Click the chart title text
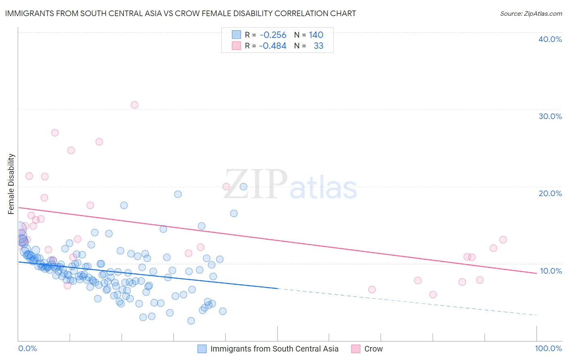pos(180,13)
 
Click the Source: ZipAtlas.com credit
pos(531,13)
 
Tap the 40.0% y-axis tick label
pos(550,39)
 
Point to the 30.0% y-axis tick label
pos(550,116)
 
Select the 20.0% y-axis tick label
pos(550,193)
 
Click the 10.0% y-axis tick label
pos(550,271)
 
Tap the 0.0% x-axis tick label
pos(27,348)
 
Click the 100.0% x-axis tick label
pos(548,348)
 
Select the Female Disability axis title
pos(11,184)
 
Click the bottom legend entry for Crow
pos(373,349)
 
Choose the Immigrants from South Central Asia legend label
pos(274,349)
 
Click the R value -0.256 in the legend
pos(273,35)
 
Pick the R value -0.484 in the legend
pos(273,46)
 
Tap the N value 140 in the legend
pos(316,35)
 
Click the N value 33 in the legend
pos(318,46)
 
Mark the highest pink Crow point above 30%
pos(134,105)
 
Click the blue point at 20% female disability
pos(243,186)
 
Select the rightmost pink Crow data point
pos(503,240)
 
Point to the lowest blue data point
pos(191,321)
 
